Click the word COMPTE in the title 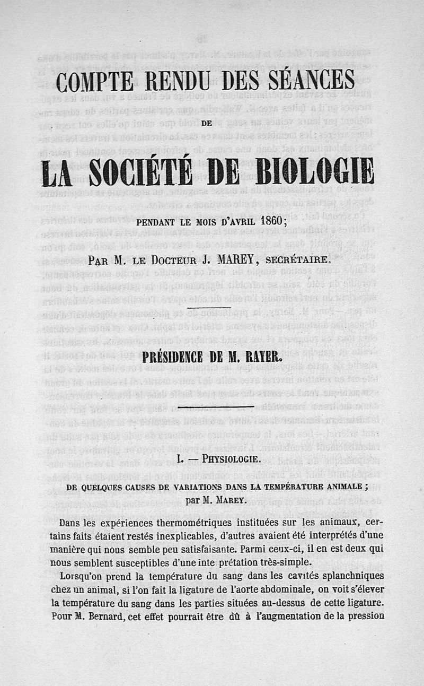pos(94,82)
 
